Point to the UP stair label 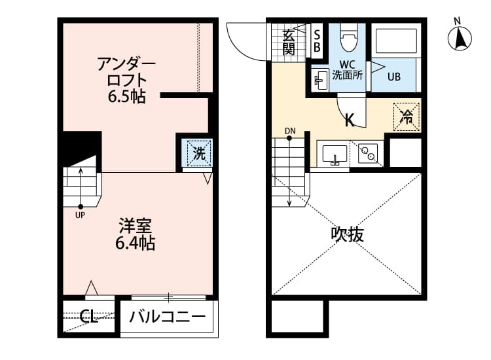80,214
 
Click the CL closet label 89,318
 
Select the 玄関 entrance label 289,41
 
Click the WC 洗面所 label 347,69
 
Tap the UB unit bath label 393,76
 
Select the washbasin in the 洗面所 320,81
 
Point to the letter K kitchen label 350,120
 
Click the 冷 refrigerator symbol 406,118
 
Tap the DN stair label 290,131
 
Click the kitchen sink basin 334,154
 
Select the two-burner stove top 367,154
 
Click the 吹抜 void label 347,234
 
